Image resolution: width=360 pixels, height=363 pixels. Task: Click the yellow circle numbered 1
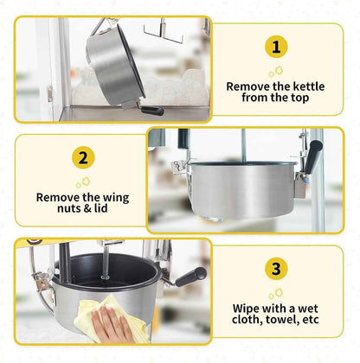click(x=276, y=47)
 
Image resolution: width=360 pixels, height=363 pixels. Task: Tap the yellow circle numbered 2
click(x=83, y=157)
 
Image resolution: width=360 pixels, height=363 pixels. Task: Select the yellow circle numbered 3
click(x=276, y=269)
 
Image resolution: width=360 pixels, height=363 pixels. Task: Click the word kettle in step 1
click(x=309, y=86)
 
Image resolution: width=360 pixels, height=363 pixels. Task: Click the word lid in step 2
click(x=101, y=208)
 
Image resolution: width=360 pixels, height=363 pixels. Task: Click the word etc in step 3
click(x=311, y=320)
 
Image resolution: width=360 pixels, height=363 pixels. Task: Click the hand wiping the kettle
click(x=112, y=325)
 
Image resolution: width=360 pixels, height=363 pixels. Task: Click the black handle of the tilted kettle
click(x=152, y=111)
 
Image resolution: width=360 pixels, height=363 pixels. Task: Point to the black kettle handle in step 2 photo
click(x=313, y=156)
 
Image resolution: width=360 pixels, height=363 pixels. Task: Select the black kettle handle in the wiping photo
click(x=190, y=277)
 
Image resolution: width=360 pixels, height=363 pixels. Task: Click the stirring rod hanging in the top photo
click(x=164, y=32)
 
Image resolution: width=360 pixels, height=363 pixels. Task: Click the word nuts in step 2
click(x=70, y=208)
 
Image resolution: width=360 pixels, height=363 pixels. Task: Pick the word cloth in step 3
click(x=247, y=320)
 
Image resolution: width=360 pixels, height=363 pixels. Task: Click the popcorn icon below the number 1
click(x=276, y=72)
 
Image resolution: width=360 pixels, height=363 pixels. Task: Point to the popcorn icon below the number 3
click(x=276, y=294)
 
